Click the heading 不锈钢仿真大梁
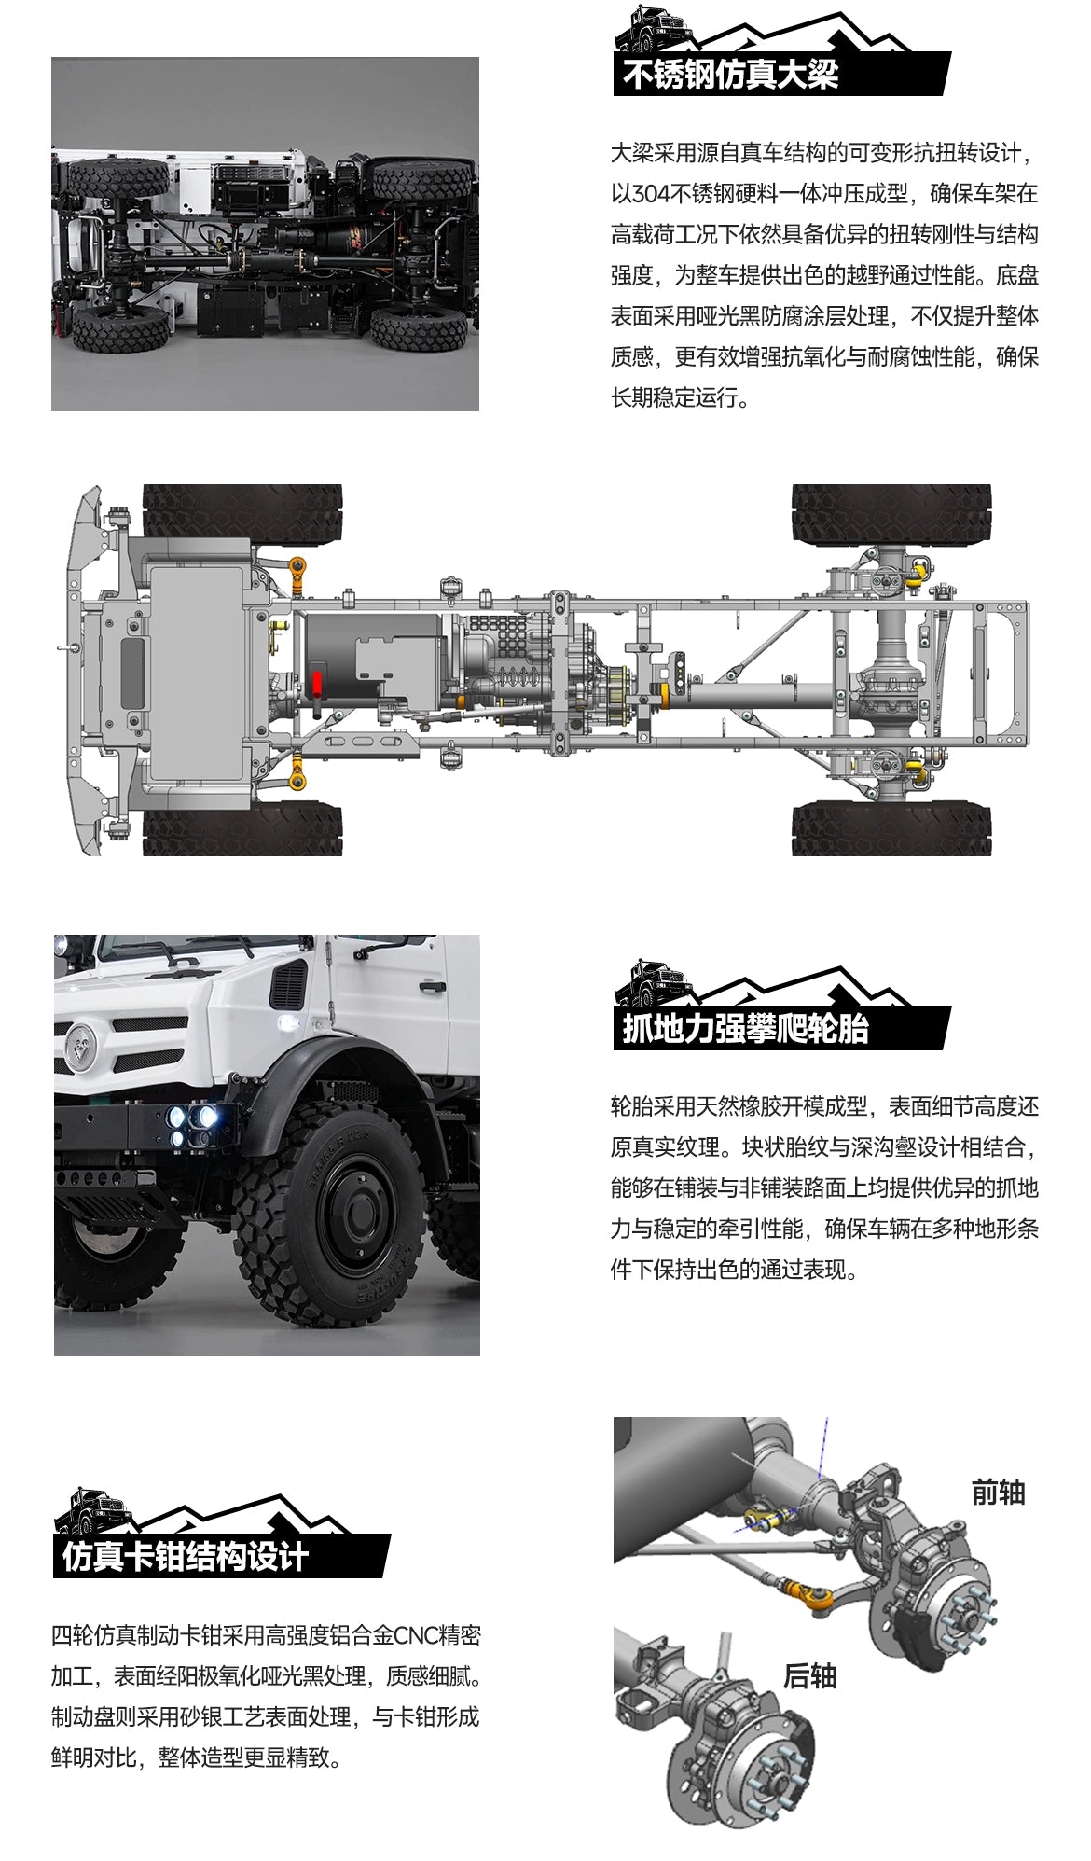click(x=730, y=75)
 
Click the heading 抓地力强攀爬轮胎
click(x=745, y=1028)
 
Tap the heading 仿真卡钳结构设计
click(x=186, y=1556)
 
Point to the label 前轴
click(x=998, y=1492)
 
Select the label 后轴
click(x=809, y=1675)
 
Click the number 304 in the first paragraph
click(x=651, y=194)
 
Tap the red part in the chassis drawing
click(x=317, y=682)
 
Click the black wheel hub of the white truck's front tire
click(x=355, y=1213)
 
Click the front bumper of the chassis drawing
click(x=84, y=669)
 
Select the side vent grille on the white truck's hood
click(x=288, y=984)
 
